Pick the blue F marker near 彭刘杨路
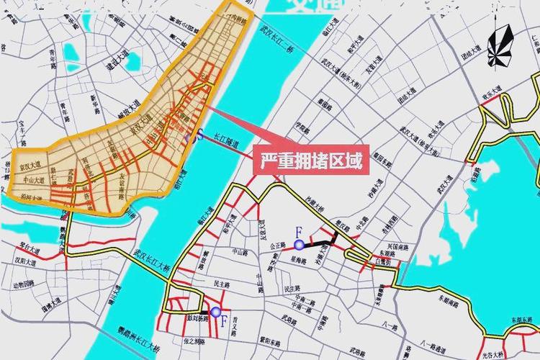coord(215,312)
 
